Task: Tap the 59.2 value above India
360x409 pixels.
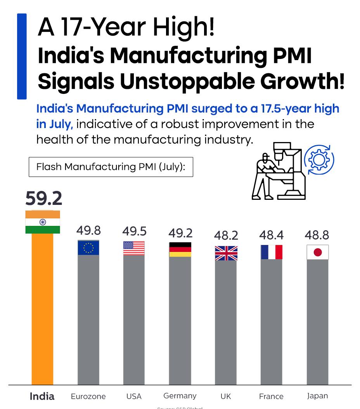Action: click(x=43, y=199)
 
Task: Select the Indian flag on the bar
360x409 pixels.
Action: click(x=43, y=222)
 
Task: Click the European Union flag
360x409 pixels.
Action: click(x=88, y=248)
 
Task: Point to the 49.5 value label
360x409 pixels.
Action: click(x=134, y=231)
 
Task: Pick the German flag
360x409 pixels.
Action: click(x=180, y=250)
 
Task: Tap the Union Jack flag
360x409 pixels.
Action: click(x=226, y=253)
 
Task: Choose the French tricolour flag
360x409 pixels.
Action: click(x=272, y=252)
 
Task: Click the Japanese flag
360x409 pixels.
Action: click(x=317, y=252)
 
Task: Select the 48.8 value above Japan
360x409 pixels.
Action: click(x=317, y=235)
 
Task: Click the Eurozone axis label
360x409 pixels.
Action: click(x=88, y=397)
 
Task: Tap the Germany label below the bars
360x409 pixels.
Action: click(x=180, y=396)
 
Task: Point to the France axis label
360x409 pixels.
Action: click(x=271, y=397)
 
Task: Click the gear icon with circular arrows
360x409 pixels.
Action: click(x=319, y=159)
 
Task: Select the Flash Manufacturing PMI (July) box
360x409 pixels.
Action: click(x=111, y=167)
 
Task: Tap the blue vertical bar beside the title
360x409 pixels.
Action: click(x=22, y=56)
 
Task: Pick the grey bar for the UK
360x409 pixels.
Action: click(x=226, y=322)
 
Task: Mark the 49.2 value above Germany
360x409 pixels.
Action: click(x=180, y=233)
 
